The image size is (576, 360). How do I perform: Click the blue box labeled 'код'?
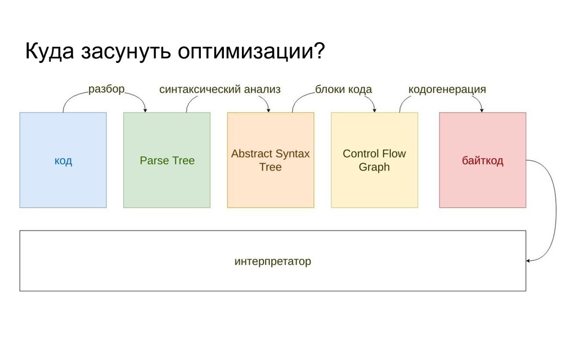point(63,160)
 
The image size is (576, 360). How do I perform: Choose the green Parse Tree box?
point(166,160)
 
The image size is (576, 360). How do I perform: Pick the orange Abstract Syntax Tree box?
point(271,160)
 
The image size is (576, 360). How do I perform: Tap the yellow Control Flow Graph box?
point(374,160)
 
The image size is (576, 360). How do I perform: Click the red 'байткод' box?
point(483,160)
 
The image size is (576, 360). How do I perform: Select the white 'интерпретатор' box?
point(273,261)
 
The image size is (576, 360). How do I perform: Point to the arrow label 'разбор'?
point(106,89)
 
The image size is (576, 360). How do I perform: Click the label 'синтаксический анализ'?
point(220,89)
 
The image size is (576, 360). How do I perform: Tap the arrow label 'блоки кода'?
point(343,89)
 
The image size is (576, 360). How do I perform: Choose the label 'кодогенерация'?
point(447,89)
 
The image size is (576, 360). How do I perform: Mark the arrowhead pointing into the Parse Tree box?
point(145,109)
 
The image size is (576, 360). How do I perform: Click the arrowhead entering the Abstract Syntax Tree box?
point(269,109)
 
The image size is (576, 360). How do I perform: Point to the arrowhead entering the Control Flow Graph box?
point(373,109)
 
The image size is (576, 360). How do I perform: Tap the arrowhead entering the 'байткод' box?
point(481,109)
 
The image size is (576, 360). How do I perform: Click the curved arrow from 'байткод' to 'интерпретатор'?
point(554,214)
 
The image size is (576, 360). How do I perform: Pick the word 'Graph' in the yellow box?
point(374,167)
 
